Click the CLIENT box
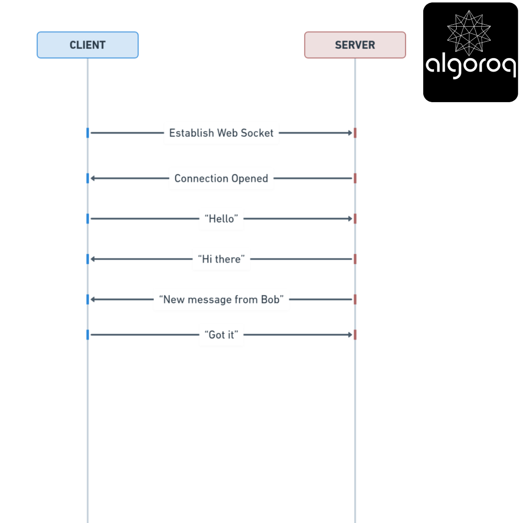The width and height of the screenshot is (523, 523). coord(87,45)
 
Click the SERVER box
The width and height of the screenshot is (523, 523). coord(355,45)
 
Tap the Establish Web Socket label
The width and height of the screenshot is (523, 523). coord(221,133)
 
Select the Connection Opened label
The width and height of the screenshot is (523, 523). coord(221,178)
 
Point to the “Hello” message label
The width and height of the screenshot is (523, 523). coord(221,219)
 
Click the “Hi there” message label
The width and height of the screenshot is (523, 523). coord(221,259)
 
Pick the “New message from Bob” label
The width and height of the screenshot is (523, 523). coord(221,300)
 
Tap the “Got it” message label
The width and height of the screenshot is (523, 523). coord(221,335)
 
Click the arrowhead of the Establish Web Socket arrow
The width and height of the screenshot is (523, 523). coord(350,133)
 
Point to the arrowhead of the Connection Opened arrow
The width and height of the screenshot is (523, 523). coord(92,178)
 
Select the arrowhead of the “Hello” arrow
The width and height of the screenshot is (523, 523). coord(350,219)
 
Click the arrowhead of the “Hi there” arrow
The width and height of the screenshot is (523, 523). coord(92,259)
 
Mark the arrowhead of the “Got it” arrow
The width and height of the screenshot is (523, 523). coord(350,335)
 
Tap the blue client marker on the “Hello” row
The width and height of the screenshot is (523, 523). coord(88,219)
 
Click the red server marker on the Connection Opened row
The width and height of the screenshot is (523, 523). coord(355,178)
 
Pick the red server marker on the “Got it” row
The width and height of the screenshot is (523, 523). coord(355,335)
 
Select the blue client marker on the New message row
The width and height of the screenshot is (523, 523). coord(88,300)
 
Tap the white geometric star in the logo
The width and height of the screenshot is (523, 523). coord(469,33)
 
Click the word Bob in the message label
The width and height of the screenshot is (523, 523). coord(270,300)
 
